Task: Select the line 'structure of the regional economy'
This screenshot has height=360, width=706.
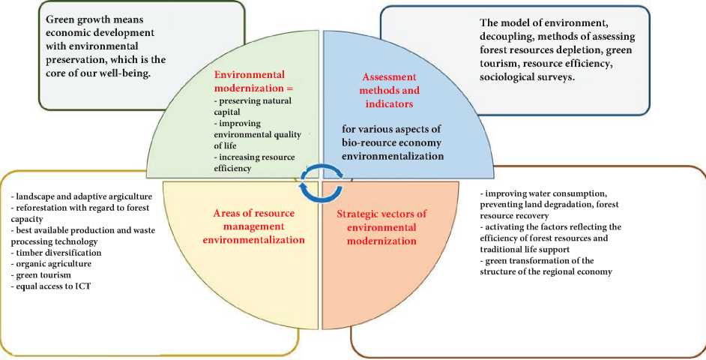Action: click(547, 271)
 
